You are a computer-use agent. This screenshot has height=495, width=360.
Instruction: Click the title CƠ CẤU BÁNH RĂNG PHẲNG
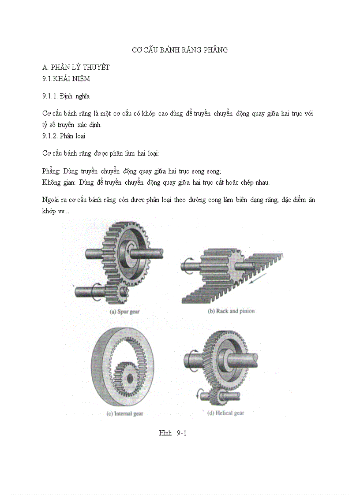(x=180, y=50)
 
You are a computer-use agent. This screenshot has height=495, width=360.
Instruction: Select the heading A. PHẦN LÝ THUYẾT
(x=75, y=67)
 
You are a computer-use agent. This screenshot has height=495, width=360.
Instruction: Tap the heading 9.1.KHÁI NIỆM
(x=66, y=79)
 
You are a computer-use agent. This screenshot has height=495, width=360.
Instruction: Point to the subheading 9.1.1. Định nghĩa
(x=66, y=96)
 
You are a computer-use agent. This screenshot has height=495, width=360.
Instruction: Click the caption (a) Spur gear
(x=124, y=311)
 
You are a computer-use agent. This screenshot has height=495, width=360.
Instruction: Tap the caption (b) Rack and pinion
(x=231, y=311)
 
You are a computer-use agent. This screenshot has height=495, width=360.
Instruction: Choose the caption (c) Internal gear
(x=125, y=414)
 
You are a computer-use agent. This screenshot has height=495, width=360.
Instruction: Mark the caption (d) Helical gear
(x=225, y=413)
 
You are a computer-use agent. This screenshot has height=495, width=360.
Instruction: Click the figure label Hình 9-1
(x=173, y=433)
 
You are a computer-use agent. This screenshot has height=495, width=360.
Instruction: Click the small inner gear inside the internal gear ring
(x=128, y=379)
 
